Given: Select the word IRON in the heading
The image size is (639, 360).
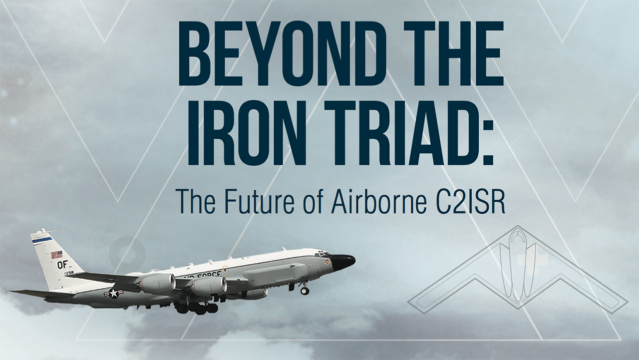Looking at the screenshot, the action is (245, 132).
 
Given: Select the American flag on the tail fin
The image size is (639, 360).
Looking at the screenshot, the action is (57, 255).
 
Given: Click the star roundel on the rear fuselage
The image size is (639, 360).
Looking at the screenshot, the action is (114, 293).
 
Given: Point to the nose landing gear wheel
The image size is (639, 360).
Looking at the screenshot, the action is (305, 291).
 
